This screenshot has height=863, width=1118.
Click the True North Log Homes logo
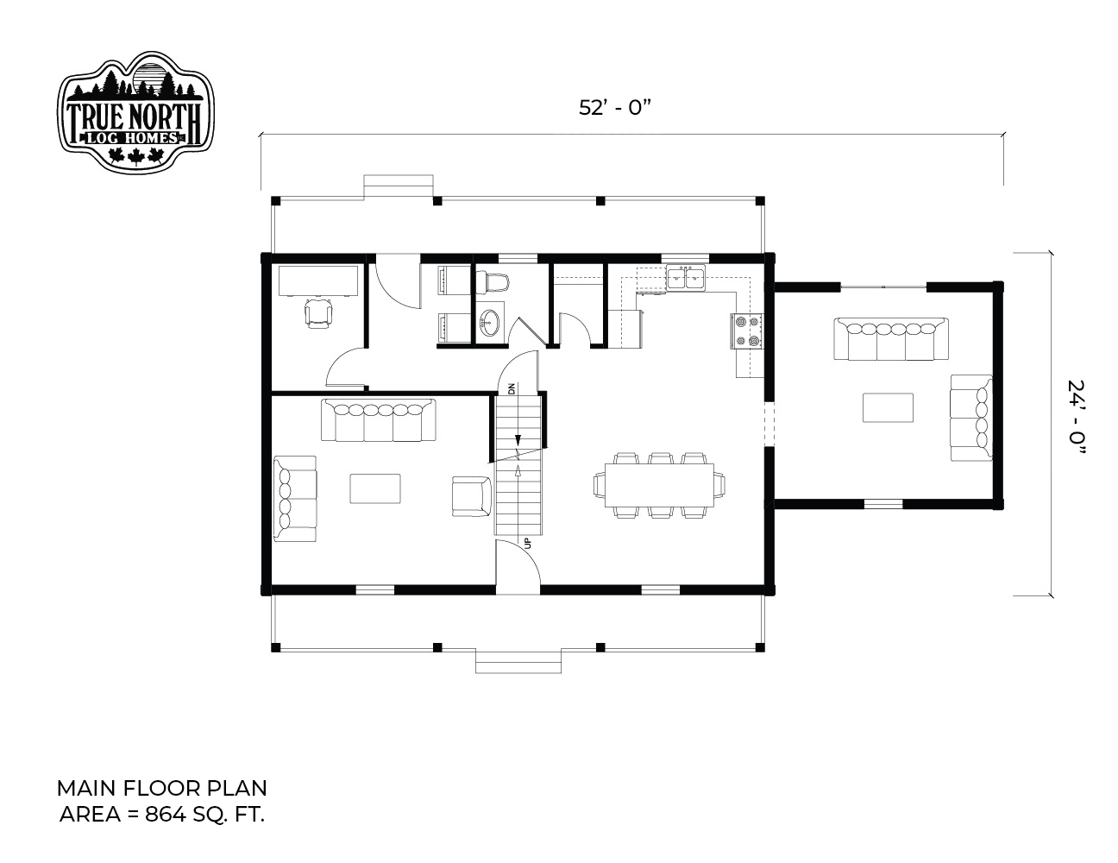pyautogui.click(x=135, y=111)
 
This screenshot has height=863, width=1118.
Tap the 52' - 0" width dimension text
pyautogui.click(x=615, y=108)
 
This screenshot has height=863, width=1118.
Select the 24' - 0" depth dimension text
pyautogui.click(x=1077, y=418)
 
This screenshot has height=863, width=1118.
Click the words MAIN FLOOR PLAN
pyautogui.click(x=161, y=789)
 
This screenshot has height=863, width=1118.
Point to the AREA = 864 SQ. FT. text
pyautogui.click(x=162, y=815)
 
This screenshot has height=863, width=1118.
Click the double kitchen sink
pyautogui.click(x=686, y=278)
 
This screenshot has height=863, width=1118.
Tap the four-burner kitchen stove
pyautogui.click(x=746, y=331)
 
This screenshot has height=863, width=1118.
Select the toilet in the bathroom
pyautogui.click(x=492, y=282)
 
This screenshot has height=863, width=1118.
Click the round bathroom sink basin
pyautogui.click(x=489, y=323)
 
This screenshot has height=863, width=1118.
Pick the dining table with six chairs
pyautogui.click(x=659, y=485)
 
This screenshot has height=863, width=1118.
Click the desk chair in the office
pyautogui.click(x=318, y=313)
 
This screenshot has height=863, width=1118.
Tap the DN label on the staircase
pyautogui.click(x=511, y=388)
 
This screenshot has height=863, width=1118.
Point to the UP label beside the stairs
pyautogui.click(x=526, y=543)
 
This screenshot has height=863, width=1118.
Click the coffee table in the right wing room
pyautogui.click(x=888, y=407)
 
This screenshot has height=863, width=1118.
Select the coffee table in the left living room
pyautogui.click(x=375, y=488)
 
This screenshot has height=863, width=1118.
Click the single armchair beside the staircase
pyautogui.click(x=472, y=496)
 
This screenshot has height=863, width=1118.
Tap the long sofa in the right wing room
pyautogui.click(x=891, y=339)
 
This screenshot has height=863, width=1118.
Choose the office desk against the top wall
pyautogui.click(x=318, y=280)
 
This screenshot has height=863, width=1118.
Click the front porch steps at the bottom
pyautogui.click(x=518, y=662)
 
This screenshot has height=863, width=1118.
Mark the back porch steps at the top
pyautogui.click(x=399, y=186)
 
